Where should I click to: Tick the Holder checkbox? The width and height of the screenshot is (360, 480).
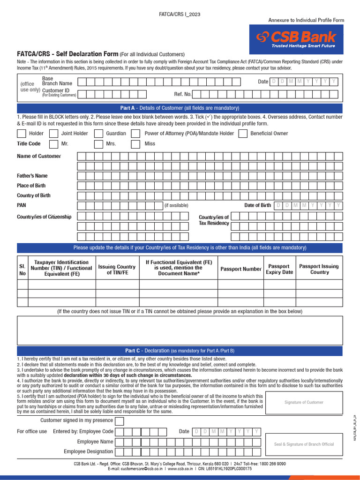tap(21, 134)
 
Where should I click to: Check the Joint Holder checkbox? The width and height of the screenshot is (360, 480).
tap(53, 134)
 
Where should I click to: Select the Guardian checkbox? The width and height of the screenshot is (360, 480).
tap(98, 134)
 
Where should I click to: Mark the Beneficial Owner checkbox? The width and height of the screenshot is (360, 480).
tap(243, 134)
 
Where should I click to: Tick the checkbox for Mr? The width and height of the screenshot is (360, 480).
tap(53, 144)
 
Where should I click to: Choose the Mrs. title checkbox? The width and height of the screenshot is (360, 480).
tap(98, 144)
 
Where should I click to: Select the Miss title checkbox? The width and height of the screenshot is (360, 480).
tap(135, 144)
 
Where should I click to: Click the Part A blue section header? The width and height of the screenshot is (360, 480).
tap(180, 108)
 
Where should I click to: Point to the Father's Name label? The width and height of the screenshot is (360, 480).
tap(32, 176)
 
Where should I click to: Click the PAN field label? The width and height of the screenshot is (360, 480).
tap(22, 205)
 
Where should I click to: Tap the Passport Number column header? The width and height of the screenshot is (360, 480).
tap(240, 269)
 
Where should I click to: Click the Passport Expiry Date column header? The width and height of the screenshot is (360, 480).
tap(279, 269)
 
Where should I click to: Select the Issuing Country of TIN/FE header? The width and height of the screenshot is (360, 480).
tap(117, 270)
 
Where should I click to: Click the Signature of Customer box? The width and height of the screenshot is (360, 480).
tap(304, 402)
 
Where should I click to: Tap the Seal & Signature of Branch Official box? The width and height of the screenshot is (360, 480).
tap(304, 444)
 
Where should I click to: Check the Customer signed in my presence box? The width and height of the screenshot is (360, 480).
tap(120, 421)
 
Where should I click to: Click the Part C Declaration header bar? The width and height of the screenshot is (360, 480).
tap(180, 351)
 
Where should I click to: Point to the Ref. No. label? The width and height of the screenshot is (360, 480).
tap(183, 94)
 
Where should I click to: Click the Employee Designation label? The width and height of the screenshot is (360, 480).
tap(88, 451)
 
